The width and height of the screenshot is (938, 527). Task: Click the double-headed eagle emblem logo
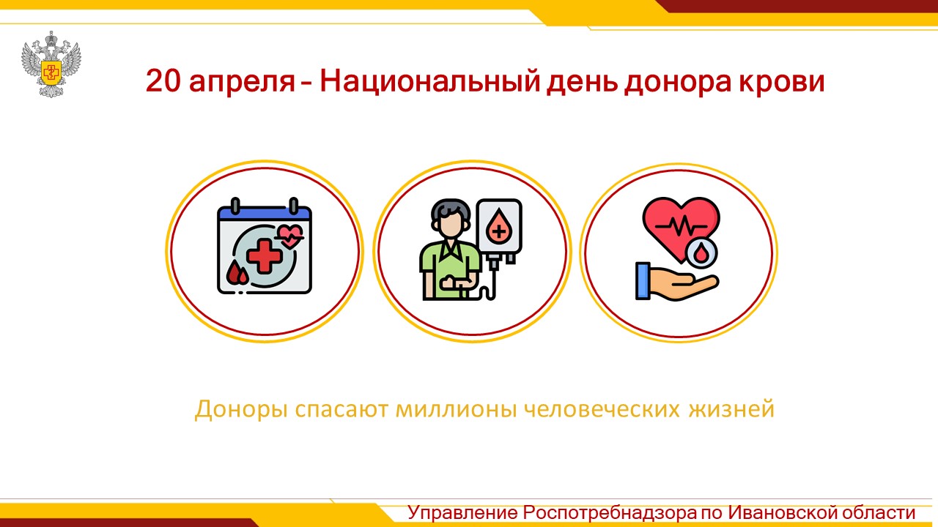click(x=51, y=64)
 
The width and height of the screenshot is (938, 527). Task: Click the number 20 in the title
click(x=163, y=81)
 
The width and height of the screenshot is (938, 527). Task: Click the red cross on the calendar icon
click(x=264, y=255)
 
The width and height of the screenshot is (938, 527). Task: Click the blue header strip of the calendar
click(x=265, y=213)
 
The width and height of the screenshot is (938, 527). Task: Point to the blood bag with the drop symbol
click(x=499, y=228)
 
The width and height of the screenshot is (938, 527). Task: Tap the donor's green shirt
click(x=449, y=270)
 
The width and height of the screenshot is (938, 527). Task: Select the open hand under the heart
click(x=677, y=282)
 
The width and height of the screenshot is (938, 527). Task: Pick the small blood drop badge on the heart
click(x=701, y=253)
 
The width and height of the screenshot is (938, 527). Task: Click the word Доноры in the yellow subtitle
click(x=241, y=409)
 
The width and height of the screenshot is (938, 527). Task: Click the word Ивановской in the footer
click(x=781, y=512)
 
